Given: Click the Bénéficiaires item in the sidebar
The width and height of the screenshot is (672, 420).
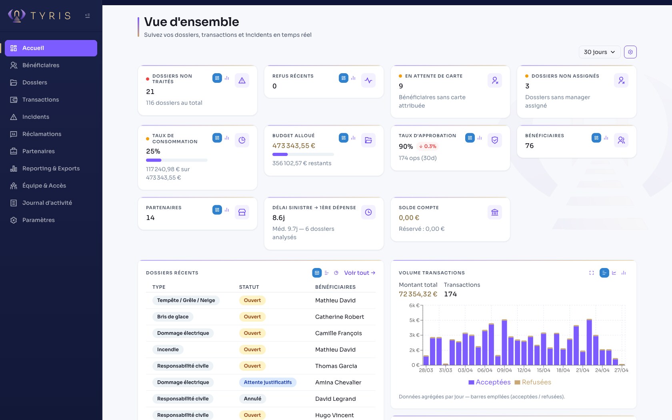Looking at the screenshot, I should (40, 65).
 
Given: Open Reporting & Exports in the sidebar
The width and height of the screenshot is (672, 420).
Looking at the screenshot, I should (51, 168).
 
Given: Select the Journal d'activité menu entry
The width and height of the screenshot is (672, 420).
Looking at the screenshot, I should (47, 203).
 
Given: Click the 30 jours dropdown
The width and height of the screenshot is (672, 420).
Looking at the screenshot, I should (599, 52).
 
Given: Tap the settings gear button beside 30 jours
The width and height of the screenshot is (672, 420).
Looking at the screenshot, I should (630, 52).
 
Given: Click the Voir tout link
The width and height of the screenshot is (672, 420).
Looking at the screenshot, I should (359, 273).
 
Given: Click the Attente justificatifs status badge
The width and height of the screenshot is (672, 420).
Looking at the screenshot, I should (268, 382).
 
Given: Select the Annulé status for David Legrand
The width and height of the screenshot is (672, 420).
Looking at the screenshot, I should (252, 399).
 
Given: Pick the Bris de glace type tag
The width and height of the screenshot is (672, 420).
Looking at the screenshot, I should (173, 317).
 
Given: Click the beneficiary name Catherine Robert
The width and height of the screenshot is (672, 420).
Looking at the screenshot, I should (339, 317).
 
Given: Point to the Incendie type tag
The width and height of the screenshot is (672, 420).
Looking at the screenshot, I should (168, 350).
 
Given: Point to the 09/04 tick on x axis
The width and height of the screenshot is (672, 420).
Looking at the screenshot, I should (504, 370).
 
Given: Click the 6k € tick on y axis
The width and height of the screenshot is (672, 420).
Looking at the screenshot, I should (414, 306).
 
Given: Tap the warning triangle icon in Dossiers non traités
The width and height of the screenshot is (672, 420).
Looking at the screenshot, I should (242, 80).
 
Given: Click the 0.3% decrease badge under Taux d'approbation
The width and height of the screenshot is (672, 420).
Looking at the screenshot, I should (427, 146).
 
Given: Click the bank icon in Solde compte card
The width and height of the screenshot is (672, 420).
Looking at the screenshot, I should (494, 212).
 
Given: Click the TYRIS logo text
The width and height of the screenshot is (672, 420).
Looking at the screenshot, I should (50, 16).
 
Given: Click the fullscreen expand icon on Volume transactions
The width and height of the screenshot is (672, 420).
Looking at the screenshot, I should (591, 273).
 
